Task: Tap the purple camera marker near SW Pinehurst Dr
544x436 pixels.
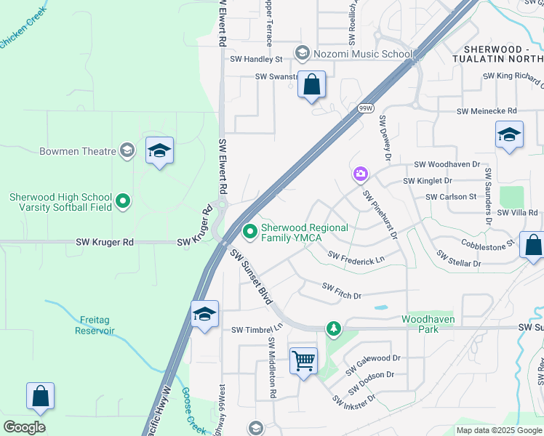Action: point(360,174)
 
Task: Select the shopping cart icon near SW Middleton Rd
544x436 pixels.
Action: point(303,360)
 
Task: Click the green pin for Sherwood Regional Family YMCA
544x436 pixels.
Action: point(250,232)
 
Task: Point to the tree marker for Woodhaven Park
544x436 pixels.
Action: point(334,329)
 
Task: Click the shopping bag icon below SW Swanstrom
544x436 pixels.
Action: point(311,85)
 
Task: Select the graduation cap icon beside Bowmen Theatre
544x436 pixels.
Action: point(159,150)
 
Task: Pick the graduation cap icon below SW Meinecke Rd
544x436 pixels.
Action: point(509,134)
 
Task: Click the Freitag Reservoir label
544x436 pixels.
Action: point(95,325)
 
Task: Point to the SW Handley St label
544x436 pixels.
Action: point(256,59)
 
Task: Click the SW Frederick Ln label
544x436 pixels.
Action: point(356,257)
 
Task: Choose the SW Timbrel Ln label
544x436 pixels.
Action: point(256,329)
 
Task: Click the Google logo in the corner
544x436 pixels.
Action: point(24,427)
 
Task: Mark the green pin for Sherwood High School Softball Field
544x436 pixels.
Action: point(123,201)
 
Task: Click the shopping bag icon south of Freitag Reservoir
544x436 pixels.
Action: point(41,397)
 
